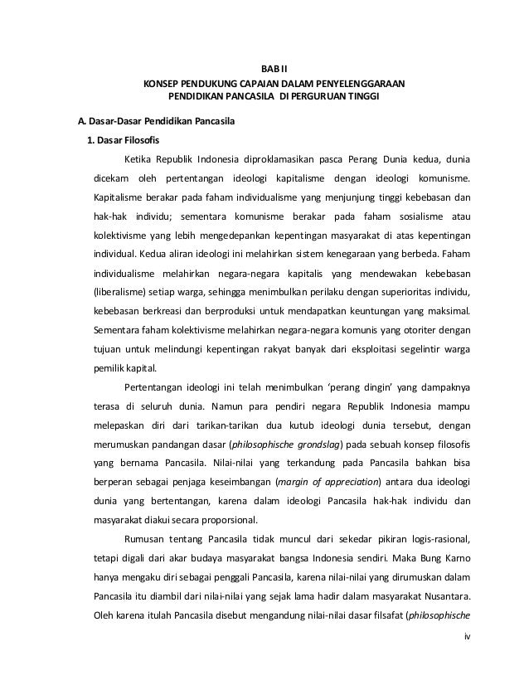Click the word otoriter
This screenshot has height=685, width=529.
pos(426,331)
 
